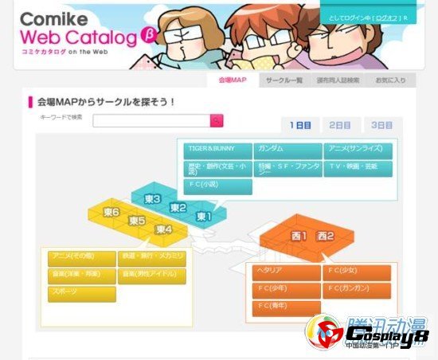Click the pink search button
tap(217, 121)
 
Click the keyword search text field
tap(151, 121)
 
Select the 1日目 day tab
tap(300, 125)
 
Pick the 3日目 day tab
tap(382, 125)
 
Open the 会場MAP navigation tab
tap(232, 80)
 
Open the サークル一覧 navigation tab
tap(283, 80)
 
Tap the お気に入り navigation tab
tap(390, 80)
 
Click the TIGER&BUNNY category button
tap(217, 150)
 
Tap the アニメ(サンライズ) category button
tap(358, 150)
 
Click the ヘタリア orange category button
tap(287, 272)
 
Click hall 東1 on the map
tap(203, 216)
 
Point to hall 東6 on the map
tap(111, 213)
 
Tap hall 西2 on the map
tap(324, 237)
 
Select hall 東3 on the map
tap(152, 198)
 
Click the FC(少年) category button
tap(287, 288)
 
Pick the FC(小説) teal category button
tap(217, 185)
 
